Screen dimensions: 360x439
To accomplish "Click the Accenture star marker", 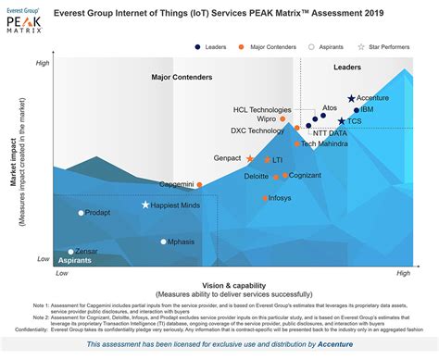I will tap(351, 98).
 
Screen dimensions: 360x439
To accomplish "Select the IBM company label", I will tap(367, 110).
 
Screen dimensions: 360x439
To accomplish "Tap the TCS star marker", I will tap(342, 121).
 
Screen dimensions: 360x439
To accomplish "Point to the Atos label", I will tap(330, 107).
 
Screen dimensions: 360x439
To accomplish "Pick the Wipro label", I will tap(266, 119).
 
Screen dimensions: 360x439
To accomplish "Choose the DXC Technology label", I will tap(258, 131).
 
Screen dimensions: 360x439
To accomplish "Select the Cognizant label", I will tap(305, 175).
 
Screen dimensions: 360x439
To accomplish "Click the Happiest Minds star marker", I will tap(145, 205).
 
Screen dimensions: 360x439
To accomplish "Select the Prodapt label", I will tap(97, 213).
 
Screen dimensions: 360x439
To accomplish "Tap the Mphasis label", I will tap(182, 242).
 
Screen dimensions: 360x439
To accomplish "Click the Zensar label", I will tap(87, 252).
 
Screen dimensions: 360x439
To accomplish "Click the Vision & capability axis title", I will tap(232, 284).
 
